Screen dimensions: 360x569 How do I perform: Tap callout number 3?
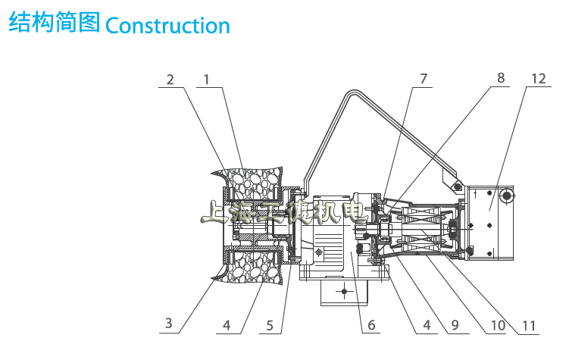(169, 324)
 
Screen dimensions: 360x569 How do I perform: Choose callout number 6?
(371, 326)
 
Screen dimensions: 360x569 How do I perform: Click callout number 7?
(423, 79)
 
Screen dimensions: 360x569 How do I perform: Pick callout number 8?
(501, 77)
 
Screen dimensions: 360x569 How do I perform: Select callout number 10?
(497, 326)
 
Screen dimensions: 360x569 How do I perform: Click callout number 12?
(539, 79)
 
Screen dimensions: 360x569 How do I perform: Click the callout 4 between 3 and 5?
(226, 326)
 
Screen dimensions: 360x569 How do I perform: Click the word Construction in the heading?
(167, 25)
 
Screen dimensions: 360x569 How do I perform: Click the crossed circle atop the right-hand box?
(505, 197)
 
